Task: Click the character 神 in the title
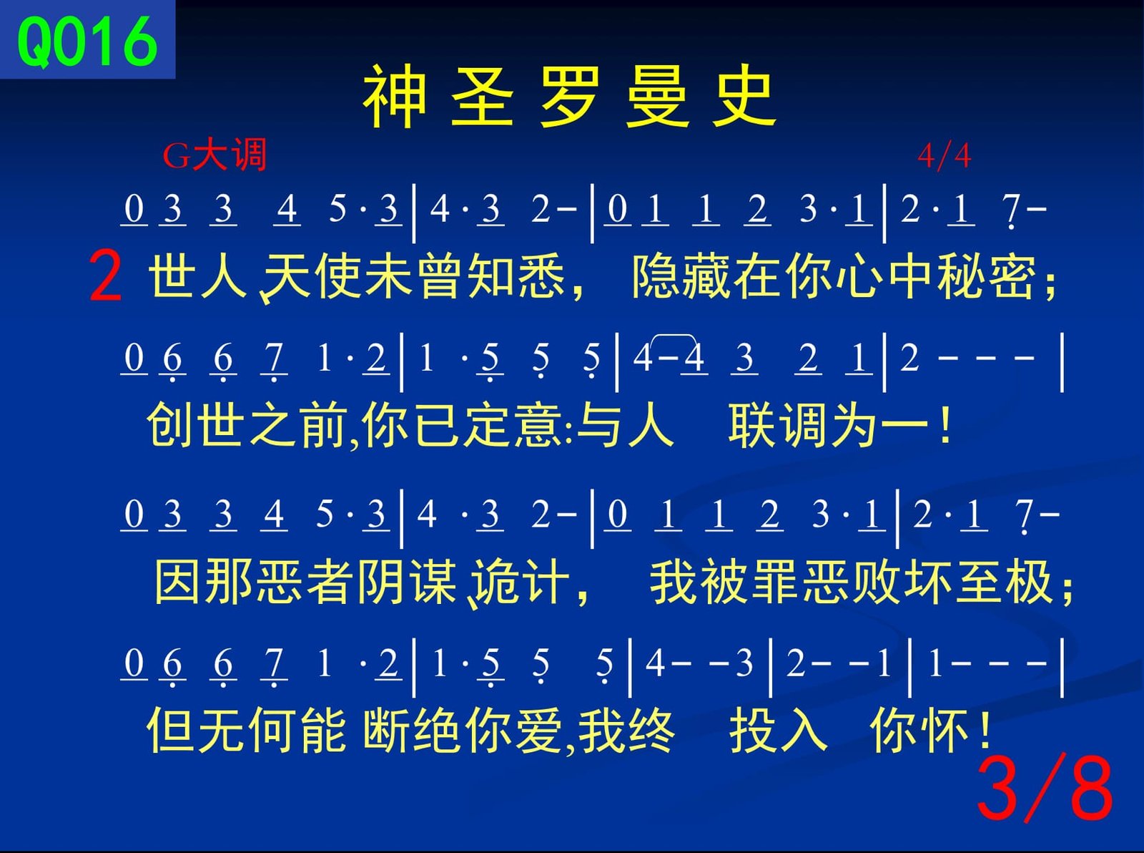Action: pyautogui.click(x=395, y=97)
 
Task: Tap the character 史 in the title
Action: pyautogui.click(x=744, y=97)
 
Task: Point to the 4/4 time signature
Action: pyautogui.click(x=944, y=156)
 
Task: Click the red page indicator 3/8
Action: pyautogui.click(x=1044, y=789)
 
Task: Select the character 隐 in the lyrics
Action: pyautogui.click(x=655, y=276)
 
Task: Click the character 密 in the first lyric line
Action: pyautogui.click(x=1012, y=276)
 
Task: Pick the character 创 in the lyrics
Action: pyautogui.click(x=171, y=426)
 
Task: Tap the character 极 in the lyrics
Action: pyautogui.click(x=1030, y=583)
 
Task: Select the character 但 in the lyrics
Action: pyautogui.click(x=171, y=731)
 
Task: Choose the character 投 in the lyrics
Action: pyautogui.click(x=752, y=731)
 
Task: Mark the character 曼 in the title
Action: pyautogui.click(x=657, y=97)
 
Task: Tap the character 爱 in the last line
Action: pyautogui.click(x=538, y=731)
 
